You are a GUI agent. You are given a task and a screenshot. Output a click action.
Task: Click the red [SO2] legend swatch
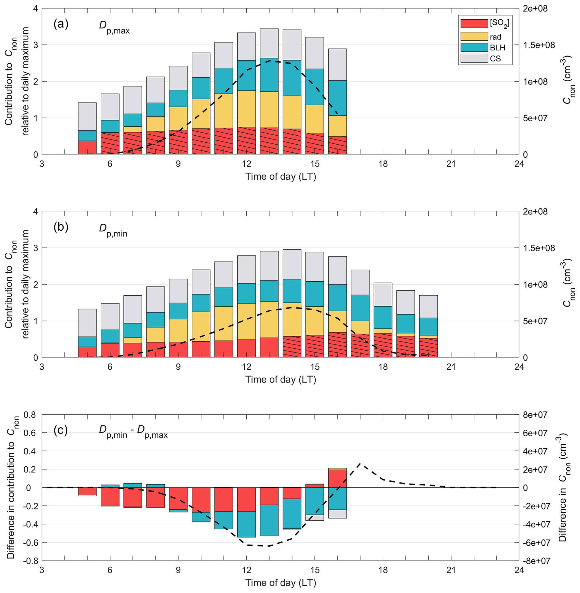click(474, 24)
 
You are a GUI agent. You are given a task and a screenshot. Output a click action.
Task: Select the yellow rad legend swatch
click(474, 36)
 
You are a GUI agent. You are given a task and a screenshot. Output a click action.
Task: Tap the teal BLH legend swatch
click(474, 47)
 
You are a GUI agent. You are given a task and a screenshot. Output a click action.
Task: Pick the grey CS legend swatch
click(474, 58)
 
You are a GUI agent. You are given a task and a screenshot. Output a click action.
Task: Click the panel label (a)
click(61, 24)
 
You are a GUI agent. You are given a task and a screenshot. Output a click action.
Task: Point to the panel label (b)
click(61, 227)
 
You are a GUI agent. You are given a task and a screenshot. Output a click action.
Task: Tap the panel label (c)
click(61, 430)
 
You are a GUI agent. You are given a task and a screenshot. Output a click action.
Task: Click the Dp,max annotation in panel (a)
click(114, 26)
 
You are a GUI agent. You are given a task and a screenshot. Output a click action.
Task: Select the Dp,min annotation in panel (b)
click(113, 230)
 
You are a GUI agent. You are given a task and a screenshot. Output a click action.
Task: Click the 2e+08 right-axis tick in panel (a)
click(535, 9)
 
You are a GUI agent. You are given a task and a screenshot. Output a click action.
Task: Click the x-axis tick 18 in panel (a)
click(383, 164)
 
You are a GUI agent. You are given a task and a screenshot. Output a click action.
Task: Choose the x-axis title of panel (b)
click(281, 380)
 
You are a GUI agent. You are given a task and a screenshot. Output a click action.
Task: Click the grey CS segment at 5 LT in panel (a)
click(88, 117)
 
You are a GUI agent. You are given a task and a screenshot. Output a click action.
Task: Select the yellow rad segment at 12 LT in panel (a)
click(246, 109)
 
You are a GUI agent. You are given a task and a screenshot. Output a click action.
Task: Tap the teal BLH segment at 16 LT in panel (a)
click(338, 98)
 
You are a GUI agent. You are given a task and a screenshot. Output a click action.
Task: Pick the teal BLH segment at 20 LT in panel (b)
click(428, 326)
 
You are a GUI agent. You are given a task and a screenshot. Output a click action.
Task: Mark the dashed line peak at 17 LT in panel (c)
click(360, 463)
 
